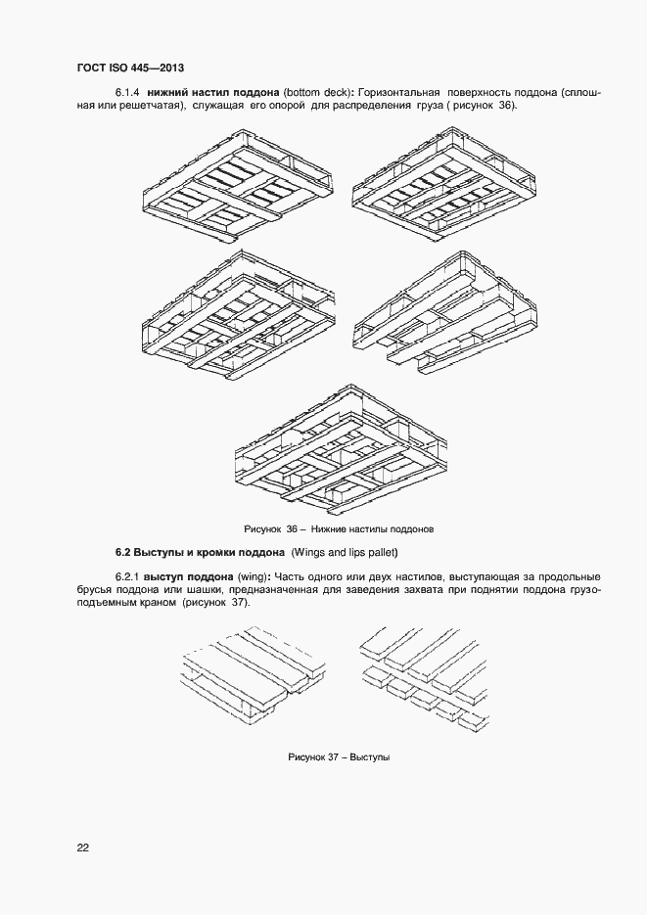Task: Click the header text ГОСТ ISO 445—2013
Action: (x=130, y=68)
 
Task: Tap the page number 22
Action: (x=82, y=847)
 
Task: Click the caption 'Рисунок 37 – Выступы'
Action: (x=339, y=757)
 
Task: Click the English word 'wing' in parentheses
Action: (x=254, y=575)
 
